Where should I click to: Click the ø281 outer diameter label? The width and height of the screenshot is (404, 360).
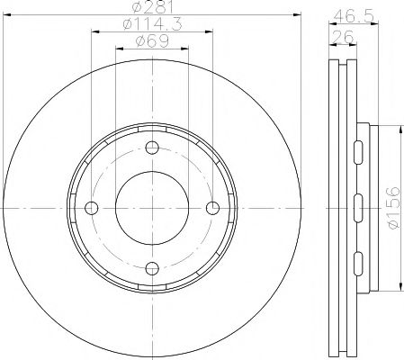(151, 8)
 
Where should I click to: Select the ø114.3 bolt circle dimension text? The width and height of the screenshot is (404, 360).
(151, 27)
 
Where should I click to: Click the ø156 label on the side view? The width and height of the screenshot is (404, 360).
(392, 209)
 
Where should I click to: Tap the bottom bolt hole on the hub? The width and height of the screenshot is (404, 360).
(151, 266)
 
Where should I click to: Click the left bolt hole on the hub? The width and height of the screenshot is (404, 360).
(91, 208)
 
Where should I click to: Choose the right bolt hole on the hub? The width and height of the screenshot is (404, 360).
(212, 208)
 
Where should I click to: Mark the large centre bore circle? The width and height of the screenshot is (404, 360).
(151, 208)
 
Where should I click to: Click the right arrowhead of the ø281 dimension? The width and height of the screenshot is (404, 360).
(297, 16)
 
